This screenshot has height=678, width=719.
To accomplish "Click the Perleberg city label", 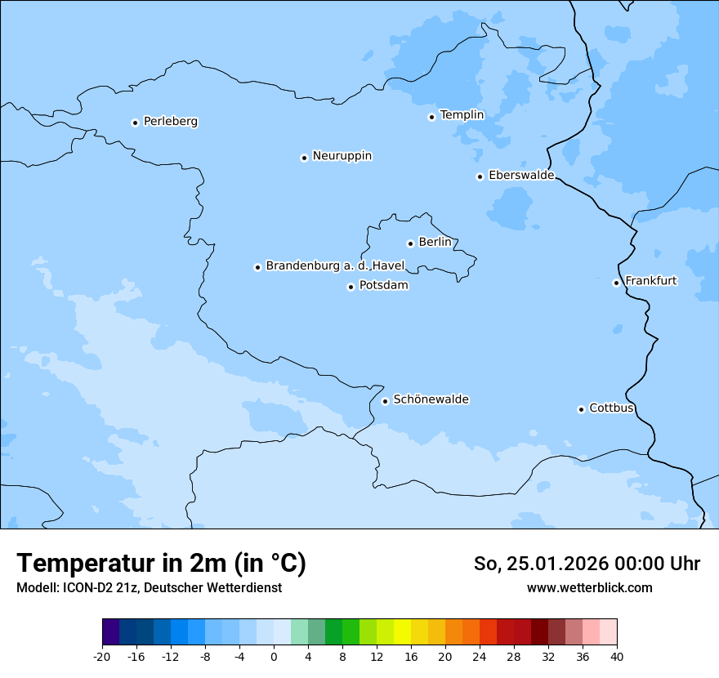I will click(170, 122).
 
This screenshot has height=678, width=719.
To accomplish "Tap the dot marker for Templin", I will click(431, 117).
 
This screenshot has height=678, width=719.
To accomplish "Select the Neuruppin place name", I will click(342, 156).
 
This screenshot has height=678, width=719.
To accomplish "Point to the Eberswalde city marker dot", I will click(480, 176).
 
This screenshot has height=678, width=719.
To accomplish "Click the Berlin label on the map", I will click(435, 243).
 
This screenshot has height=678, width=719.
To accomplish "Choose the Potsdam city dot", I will click(351, 287).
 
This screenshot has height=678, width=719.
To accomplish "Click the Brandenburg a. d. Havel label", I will click(335, 266).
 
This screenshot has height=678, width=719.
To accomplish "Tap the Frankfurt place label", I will click(650, 281).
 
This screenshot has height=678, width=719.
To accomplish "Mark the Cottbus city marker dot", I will click(581, 409).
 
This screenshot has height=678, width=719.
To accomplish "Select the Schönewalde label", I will click(431, 399).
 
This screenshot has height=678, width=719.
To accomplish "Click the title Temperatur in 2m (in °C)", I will click(161, 564).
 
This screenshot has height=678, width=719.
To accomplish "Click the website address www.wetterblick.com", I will click(589, 587).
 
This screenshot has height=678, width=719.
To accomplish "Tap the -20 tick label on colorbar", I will click(102, 657).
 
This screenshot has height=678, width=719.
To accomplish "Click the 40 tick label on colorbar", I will click(617, 657).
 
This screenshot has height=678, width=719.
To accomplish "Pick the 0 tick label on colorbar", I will click(274, 657).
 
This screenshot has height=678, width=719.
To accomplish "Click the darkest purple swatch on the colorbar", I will click(110, 632).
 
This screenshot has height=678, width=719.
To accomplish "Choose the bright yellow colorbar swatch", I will click(402, 632).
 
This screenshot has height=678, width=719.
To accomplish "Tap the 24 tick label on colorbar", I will click(480, 657).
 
